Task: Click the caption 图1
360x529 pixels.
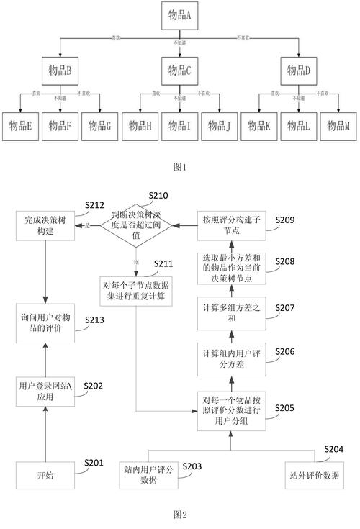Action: (x=180, y=167)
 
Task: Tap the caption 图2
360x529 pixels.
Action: (x=180, y=515)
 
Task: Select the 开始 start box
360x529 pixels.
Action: (x=45, y=475)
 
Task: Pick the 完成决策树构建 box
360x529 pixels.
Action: (x=45, y=225)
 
